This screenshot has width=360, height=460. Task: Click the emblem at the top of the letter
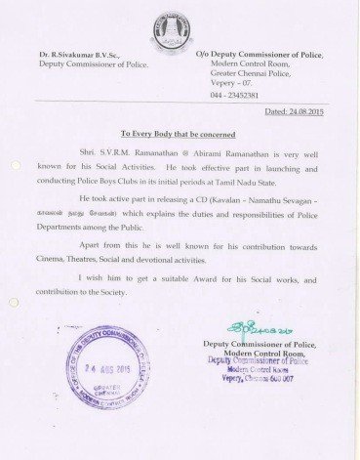(x=178, y=25)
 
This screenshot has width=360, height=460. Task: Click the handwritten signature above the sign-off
(x=252, y=328)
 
